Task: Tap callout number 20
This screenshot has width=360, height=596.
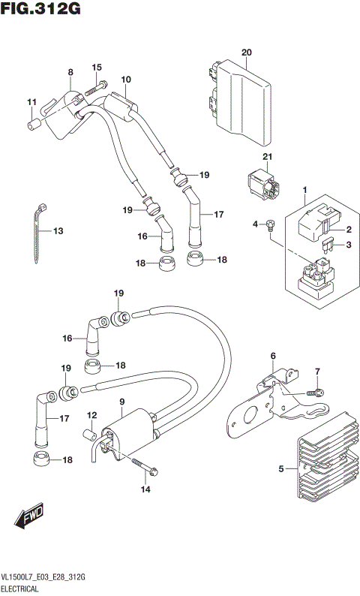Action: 245,52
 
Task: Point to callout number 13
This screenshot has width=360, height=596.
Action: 58,230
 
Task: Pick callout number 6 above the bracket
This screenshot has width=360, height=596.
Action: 273,356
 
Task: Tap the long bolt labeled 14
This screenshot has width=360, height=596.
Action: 146,471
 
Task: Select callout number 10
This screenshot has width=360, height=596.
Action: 125,80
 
